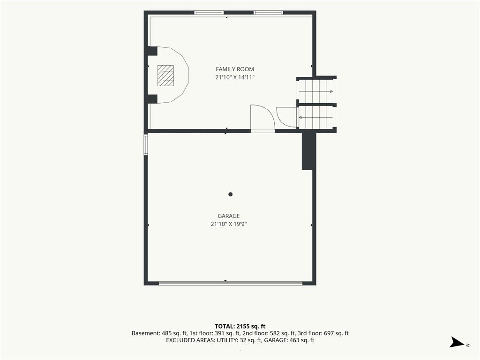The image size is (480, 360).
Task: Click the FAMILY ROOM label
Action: pos(235,69)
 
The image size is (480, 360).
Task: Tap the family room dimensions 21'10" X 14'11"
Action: pos(235,77)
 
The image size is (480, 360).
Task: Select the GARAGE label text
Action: pos(229,216)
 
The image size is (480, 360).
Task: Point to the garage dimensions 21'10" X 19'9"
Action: pos(229,224)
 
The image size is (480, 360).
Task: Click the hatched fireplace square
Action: pos(165,75)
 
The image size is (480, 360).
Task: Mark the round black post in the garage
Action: pos(231,194)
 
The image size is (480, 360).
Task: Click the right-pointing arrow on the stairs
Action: pos(316,91)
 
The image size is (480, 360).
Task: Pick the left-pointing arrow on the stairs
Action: pos(315,117)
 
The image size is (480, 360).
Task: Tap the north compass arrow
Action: pos(457,342)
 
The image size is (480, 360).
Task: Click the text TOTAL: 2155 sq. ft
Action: pos(240,326)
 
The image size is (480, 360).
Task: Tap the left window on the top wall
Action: pos(209,13)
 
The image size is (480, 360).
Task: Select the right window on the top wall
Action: pos(268,13)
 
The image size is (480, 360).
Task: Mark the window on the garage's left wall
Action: pos(146,144)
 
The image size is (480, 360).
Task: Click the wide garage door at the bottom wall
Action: pos(231,283)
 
